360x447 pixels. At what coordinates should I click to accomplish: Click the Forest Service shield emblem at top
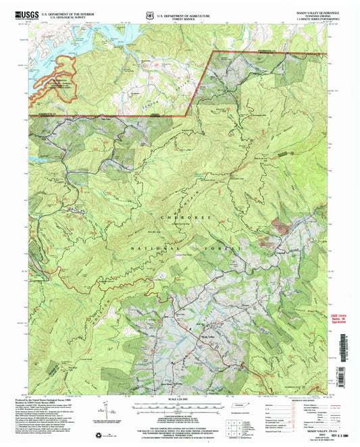coord(149,15)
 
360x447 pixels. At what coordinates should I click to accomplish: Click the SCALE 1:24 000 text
coord(180,398)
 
